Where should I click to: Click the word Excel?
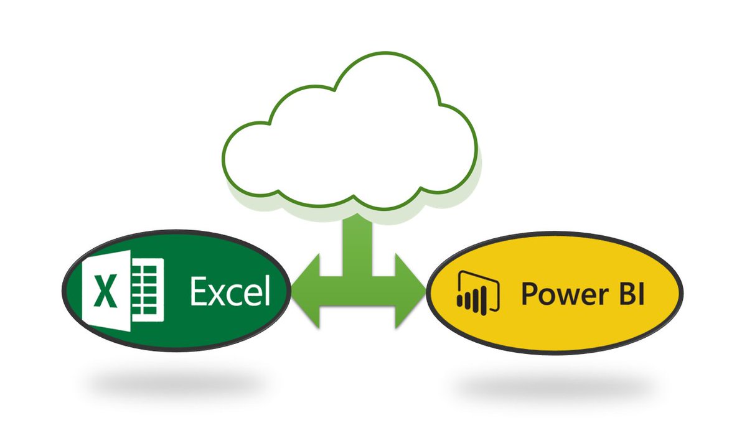230,291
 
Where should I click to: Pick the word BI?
629,293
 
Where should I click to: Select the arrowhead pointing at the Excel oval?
305,290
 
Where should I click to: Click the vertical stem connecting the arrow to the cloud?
357,236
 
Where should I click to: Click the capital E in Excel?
200,291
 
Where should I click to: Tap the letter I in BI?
641,293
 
